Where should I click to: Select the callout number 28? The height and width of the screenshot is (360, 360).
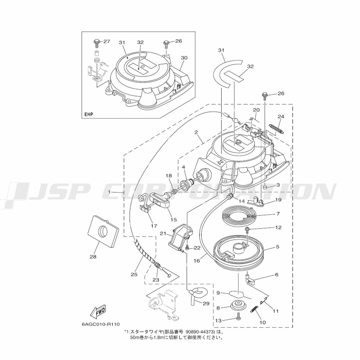tap(93, 257)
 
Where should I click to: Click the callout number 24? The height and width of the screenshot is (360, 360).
tap(281, 117)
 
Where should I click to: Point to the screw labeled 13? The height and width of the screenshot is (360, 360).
tap(238, 318)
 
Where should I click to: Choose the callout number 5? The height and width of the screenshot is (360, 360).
tap(278, 247)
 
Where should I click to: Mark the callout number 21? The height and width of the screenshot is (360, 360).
tap(163, 234)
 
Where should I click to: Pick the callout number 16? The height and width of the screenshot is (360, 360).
tap(197, 261)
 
